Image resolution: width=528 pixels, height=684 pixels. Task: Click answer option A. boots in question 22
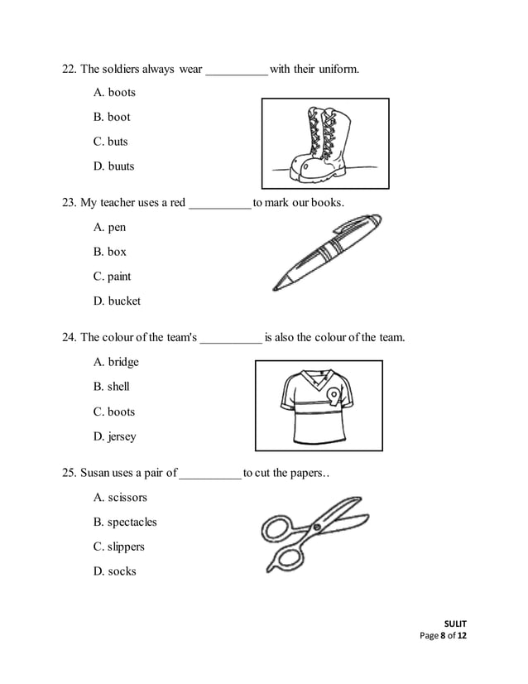114,92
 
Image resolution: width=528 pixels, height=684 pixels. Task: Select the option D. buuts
114,166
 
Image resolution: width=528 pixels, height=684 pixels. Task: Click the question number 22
70,68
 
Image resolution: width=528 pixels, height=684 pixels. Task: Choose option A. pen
110,227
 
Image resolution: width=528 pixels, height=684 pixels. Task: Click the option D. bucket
117,301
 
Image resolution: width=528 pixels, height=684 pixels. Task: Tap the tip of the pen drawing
277,286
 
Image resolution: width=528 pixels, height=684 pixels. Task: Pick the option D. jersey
115,436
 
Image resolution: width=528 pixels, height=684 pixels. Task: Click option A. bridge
116,362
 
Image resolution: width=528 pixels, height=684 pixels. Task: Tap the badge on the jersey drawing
333,395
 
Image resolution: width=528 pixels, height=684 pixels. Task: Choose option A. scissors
120,498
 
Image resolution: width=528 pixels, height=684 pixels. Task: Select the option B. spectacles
125,523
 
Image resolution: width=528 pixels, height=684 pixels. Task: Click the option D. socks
115,571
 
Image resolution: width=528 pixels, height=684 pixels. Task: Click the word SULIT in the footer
455,624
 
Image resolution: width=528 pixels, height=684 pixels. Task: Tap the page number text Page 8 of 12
444,636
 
